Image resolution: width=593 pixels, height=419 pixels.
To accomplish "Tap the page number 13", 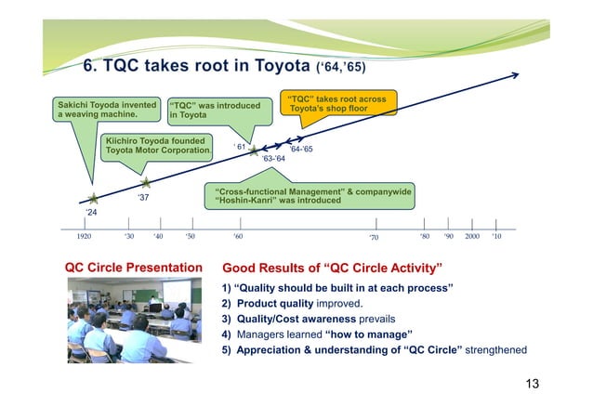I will [x=530, y=384].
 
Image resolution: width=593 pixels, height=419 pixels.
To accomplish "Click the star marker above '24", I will [x=92, y=198].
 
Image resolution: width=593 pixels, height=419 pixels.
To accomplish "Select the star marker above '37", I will [x=145, y=183].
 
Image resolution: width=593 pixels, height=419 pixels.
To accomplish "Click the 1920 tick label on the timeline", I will [x=84, y=237].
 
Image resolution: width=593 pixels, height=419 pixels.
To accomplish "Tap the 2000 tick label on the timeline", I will [x=472, y=237].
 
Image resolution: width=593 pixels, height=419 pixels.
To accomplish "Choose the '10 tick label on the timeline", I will [x=496, y=237].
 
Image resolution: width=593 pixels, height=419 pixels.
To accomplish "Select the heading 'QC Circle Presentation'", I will [x=133, y=268].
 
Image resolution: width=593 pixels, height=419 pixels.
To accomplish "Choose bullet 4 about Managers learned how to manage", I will [x=317, y=334].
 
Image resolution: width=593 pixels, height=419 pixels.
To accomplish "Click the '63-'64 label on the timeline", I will [x=273, y=160].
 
